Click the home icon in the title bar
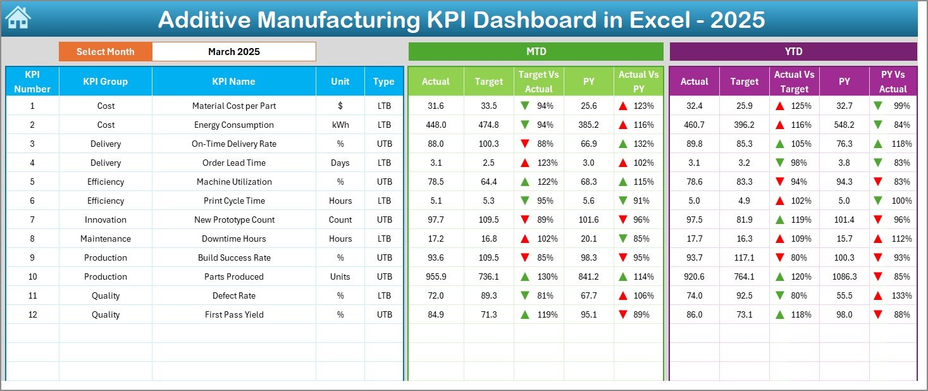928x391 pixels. pyautogui.click(x=18, y=18)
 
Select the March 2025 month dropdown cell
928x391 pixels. pyautogui.click(x=233, y=52)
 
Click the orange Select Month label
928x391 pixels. pyautogui.click(x=105, y=52)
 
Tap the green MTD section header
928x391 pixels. pyautogui.click(x=536, y=52)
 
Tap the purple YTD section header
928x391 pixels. pyautogui.click(x=793, y=52)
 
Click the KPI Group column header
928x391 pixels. pyautogui.click(x=105, y=82)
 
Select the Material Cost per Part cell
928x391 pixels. pyautogui.click(x=234, y=106)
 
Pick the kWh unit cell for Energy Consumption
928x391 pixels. pyautogui.click(x=340, y=125)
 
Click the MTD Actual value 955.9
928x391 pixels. pyautogui.click(x=435, y=276)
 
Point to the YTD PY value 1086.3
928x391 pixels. pyautogui.click(x=844, y=276)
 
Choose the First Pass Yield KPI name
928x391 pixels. pyautogui.click(x=234, y=314)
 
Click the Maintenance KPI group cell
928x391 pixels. pyautogui.click(x=106, y=239)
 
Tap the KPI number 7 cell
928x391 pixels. pyautogui.click(x=32, y=220)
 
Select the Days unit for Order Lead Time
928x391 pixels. pyautogui.click(x=340, y=163)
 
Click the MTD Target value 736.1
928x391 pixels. pyautogui.click(x=488, y=276)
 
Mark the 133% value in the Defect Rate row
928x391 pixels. pyautogui.click(x=901, y=295)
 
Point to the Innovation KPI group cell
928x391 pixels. pyautogui.click(x=106, y=220)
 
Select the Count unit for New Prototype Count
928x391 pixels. pyautogui.click(x=340, y=220)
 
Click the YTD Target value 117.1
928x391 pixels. pyautogui.click(x=744, y=258)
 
